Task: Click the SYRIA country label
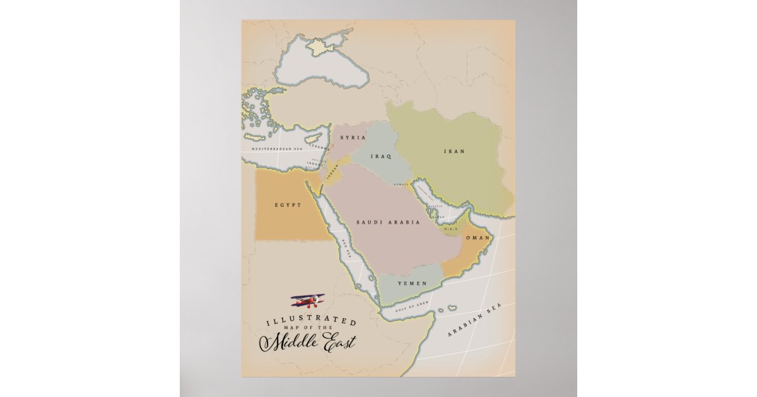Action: (x=353, y=137)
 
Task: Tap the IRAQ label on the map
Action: (x=381, y=156)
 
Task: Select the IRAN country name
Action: (x=454, y=151)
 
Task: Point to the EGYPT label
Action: (x=288, y=205)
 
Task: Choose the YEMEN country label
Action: (x=412, y=284)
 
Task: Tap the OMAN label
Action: (x=478, y=238)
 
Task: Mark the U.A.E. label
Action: (x=451, y=229)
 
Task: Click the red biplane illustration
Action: (x=308, y=301)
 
